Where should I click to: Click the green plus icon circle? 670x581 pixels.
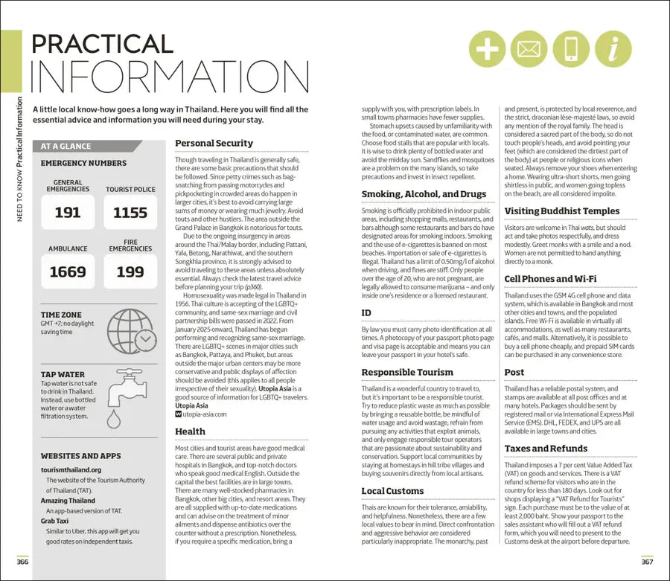pos(488,49)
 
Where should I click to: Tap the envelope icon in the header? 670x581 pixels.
pos(529,49)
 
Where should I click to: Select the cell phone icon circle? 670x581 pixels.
pos(571,49)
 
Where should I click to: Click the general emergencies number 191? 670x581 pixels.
pos(68,213)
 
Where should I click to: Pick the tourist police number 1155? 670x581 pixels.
pos(130,213)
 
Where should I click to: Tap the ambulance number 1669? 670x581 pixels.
pos(68,272)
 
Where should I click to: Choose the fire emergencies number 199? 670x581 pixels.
pos(130,272)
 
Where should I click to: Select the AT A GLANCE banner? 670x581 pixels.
pos(66,147)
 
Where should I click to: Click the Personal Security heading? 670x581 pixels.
pos(214,143)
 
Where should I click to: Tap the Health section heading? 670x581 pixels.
pos(190,431)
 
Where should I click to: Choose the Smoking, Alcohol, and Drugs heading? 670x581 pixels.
pos(424,194)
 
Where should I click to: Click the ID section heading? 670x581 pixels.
pos(366,313)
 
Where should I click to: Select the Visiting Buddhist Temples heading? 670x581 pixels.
pos(562,211)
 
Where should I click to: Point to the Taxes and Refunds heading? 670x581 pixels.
pos(546,449)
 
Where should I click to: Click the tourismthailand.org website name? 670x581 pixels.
pos(71,469)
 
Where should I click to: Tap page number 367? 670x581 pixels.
pos(646,561)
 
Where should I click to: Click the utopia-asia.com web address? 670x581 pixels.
pos(205,414)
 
